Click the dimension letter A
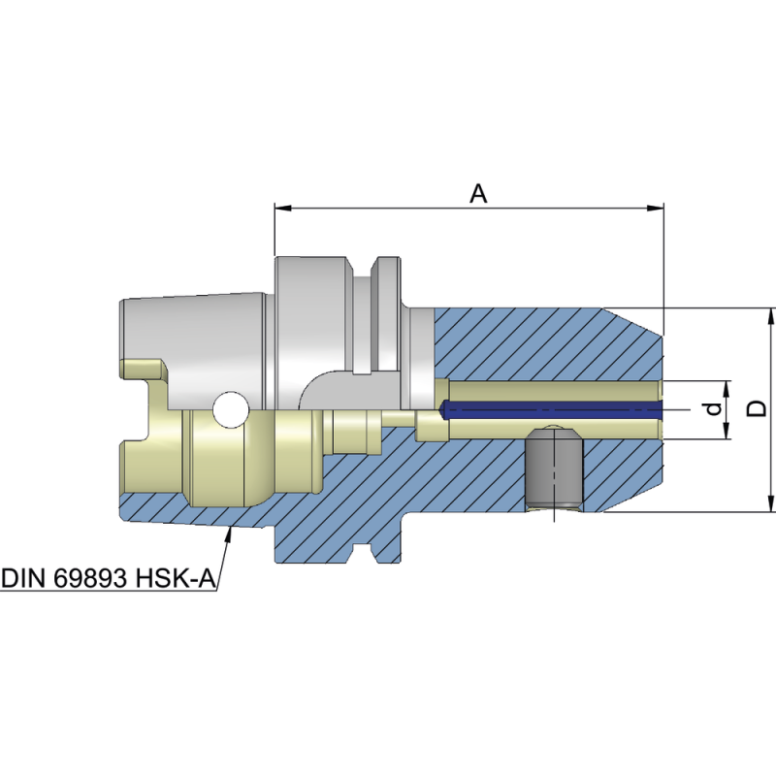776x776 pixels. (478, 193)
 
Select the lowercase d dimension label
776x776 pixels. (715, 409)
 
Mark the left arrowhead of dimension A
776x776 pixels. (282, 207)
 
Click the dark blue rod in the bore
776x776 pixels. (553, 409)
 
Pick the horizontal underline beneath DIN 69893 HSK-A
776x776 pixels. (107, 592)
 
